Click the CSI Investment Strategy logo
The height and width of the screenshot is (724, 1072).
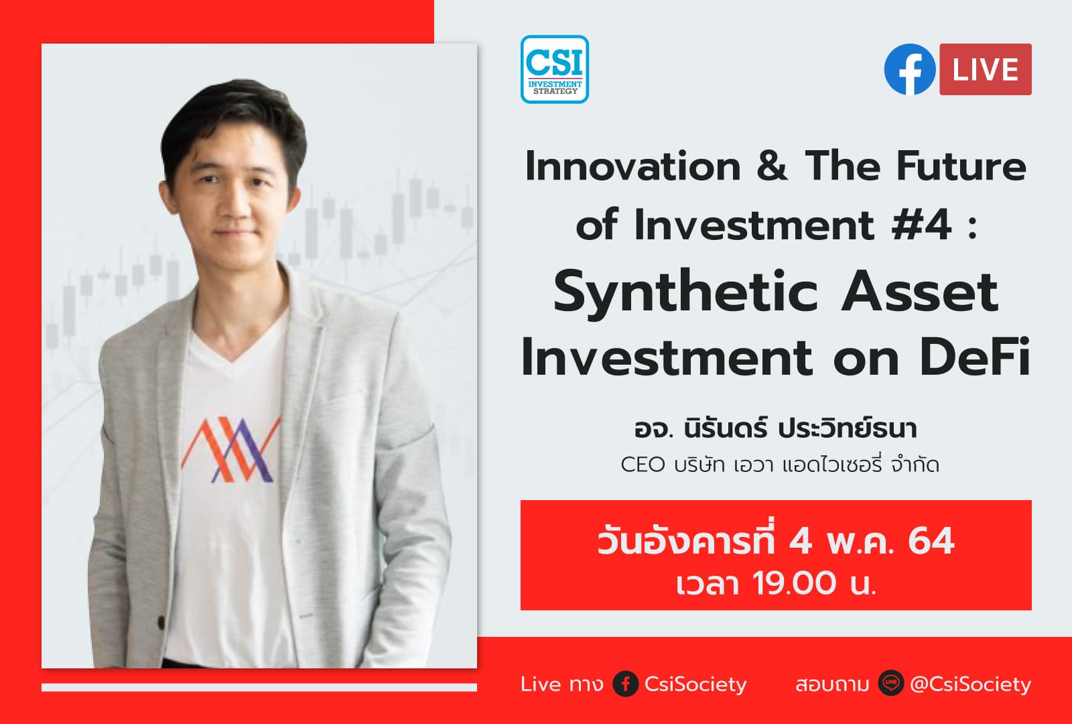[554, 69]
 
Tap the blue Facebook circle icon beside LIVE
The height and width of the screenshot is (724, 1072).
[909, 70]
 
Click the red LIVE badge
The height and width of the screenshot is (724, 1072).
[985, 70]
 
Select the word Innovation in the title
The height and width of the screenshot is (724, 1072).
[632, 166]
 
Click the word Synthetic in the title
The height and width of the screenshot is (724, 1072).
[685, 292]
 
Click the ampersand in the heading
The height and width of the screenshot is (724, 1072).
[773, 166]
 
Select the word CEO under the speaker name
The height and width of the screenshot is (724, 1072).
[643, 465]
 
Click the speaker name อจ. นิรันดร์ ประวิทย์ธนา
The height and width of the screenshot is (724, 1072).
[775, 428]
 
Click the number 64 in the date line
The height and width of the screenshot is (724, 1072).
[931, 541]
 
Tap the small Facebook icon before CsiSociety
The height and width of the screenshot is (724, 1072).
[625, 684]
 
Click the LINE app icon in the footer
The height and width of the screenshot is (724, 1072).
[891, 684]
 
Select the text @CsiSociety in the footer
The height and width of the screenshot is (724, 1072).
[970, 684]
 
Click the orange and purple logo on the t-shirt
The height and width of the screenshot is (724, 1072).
[230, 450]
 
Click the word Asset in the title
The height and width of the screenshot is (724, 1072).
[919, 292]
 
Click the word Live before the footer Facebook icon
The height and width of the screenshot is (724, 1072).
[541, 684]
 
